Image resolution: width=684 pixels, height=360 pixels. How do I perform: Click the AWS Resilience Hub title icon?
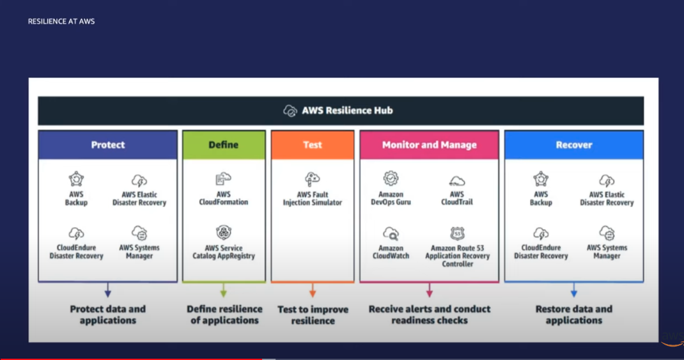[290, 111]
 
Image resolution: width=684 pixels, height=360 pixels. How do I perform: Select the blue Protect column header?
[107, 145]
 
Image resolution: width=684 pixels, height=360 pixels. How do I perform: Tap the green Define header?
[224, 145]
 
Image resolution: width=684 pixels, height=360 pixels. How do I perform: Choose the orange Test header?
[313, 145]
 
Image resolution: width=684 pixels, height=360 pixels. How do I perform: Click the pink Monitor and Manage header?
[429, 145]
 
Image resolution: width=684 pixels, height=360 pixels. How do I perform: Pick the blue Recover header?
[574, 145]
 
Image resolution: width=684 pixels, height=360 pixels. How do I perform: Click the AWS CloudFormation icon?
[223, 179]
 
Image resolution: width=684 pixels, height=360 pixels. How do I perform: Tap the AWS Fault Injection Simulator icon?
[313, 180]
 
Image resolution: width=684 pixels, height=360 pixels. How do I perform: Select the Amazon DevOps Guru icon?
[391, 178]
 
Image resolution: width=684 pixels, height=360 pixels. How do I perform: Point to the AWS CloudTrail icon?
[457, 181]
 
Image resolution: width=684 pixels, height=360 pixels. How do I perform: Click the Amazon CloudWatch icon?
[391, 233]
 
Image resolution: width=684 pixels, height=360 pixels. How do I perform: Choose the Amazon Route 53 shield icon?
[457, 233]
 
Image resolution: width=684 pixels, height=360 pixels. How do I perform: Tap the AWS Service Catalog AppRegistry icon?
[223, 232]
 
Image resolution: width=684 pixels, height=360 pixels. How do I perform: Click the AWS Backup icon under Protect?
[76, 179]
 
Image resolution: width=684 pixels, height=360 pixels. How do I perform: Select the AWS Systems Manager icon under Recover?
[607, 233]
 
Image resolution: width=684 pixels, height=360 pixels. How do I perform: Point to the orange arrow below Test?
[313, 291]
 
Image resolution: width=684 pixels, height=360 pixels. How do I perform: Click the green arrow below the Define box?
[223, 291]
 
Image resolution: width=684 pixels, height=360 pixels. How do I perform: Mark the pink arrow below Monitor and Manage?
[429, 291]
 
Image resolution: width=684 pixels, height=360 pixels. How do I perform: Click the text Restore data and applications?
[574, 315]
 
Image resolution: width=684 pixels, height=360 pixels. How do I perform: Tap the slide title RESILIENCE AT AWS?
[61, 21]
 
